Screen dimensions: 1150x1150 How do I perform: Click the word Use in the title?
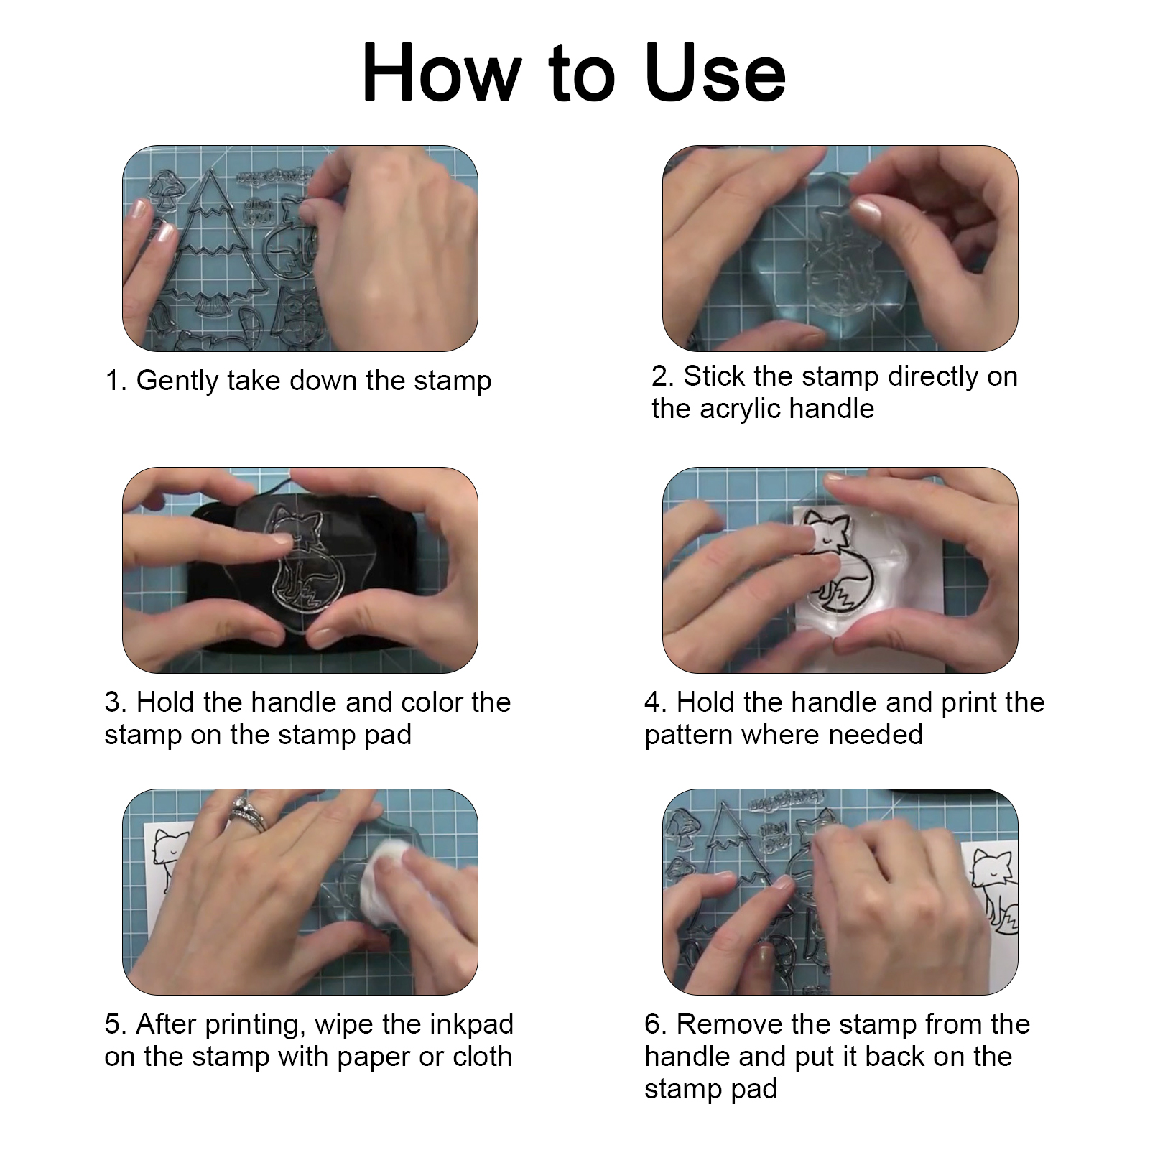tap(715, 73)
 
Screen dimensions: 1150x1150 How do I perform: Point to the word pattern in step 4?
tap(689, 735)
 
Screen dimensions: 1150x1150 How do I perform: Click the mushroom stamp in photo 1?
tap(167, 190)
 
